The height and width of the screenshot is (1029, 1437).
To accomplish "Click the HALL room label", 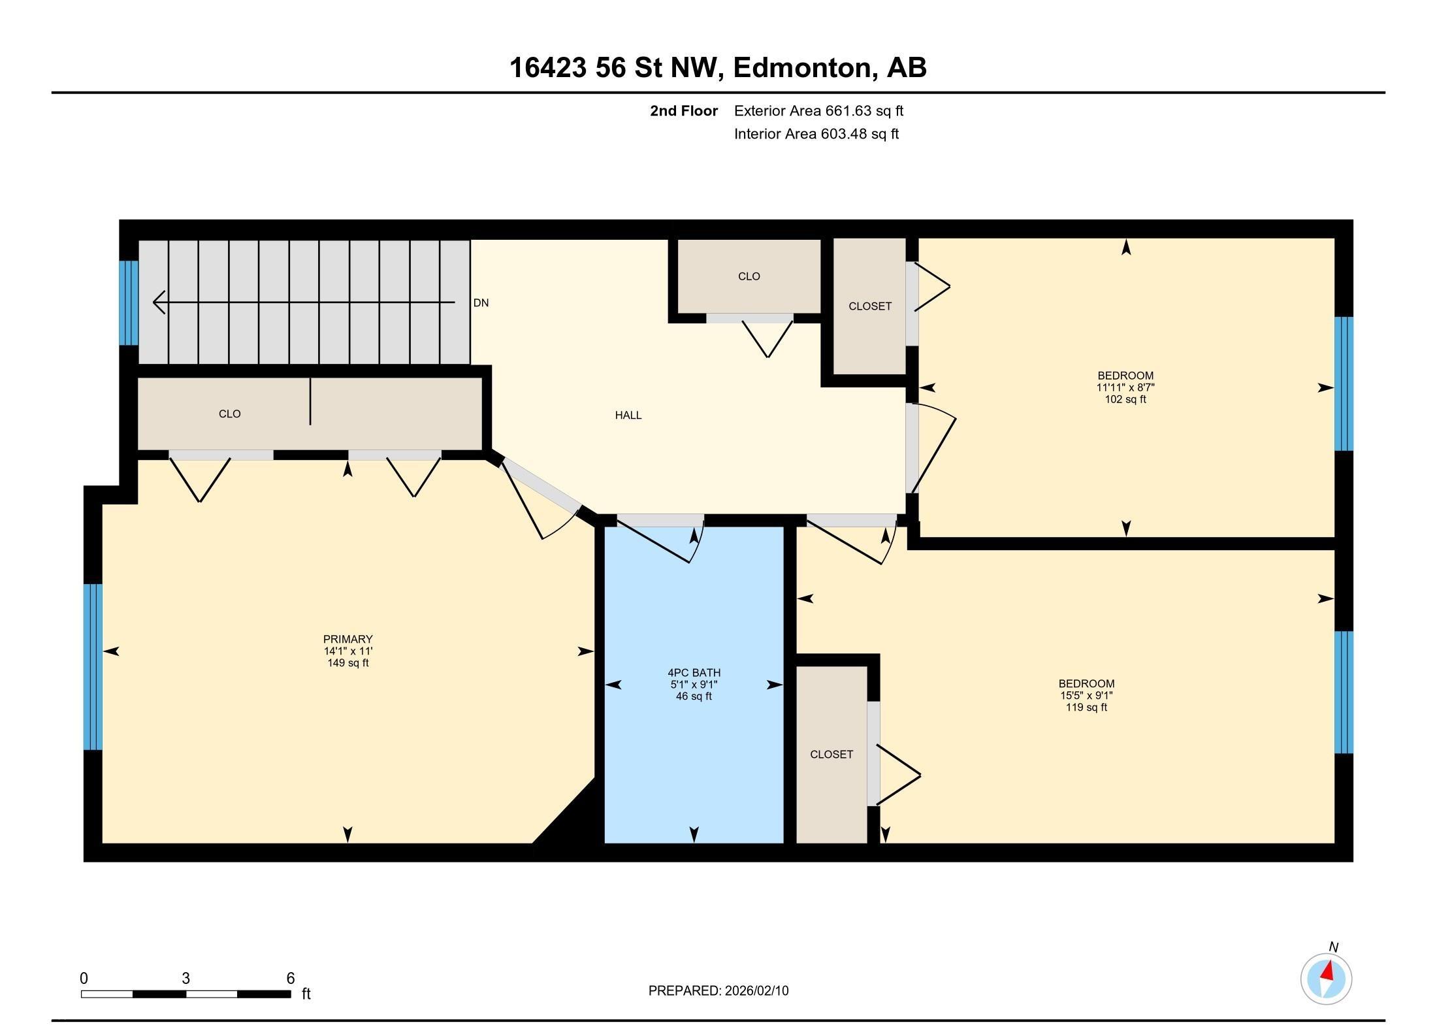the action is [x=628, y=415].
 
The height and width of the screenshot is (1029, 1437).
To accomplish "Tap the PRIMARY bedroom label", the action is [x=347, y=639].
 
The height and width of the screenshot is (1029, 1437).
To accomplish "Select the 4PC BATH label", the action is [x=694, y=672].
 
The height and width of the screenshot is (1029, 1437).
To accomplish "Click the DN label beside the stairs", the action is [x=481, y=302].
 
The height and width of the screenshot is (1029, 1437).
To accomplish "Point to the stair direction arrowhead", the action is [x=159, y=302].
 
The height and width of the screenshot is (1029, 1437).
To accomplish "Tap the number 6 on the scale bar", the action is [x=291, y=978].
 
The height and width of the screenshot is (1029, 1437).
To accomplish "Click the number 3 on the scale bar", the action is [x=186, y=978].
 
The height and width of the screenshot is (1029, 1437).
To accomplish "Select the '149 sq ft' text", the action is [x=347, y=662].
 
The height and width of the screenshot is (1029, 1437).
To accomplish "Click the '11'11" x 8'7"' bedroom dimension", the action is [x=1125, y=387].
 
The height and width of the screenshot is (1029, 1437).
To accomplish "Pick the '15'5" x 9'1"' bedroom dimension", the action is [x=1086, y=695].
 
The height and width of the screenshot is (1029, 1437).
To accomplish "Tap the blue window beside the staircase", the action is [x=129, y=302].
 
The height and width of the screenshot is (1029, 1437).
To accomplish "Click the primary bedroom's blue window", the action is [x=93, y=666].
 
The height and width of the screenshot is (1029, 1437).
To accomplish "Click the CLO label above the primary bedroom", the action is [x=229, y=414].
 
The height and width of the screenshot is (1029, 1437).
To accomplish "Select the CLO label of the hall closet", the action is [x=749, y=276].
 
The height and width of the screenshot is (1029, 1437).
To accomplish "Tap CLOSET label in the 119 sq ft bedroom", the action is [x=832, y=754].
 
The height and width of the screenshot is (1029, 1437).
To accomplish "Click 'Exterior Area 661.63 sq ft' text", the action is [x=818, y=111].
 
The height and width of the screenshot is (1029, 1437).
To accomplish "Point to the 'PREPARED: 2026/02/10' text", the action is [x=718, y=990].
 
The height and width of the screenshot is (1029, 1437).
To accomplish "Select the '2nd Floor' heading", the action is [x=684, y=111].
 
